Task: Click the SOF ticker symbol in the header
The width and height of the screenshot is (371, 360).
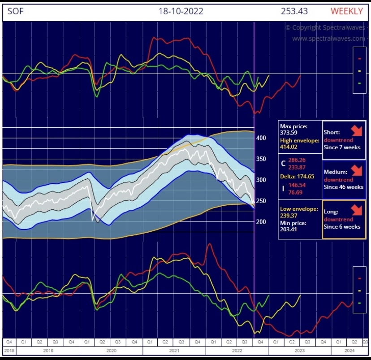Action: pyautogui.click(x=16, y=11)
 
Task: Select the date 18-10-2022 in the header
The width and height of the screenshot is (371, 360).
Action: pyautogui.click(x=181, y=11)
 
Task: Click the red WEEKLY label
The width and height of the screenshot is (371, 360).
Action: pyautogui.click(x=346, y=11)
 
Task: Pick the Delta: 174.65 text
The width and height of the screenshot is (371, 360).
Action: pyautogui.click(x=297, y=176)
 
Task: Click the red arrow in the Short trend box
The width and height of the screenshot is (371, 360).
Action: pyautogui.click(x=357, y=131)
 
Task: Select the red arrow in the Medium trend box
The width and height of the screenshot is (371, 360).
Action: pyautogui.click(x=357, y=170)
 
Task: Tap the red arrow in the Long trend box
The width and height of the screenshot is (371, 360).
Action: pyautogui.click(x=357, y=210)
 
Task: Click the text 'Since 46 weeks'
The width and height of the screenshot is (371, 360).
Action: pyautogui.click(x=344, y=187)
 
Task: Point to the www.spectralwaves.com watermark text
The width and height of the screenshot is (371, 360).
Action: pyautogui.click(x=328, y=39)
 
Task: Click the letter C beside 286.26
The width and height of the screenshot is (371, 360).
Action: pyautogui.click(x=283, y=163)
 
